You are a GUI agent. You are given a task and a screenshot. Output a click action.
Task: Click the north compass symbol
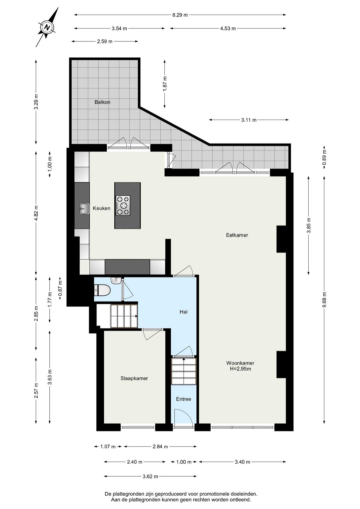coord(48,27)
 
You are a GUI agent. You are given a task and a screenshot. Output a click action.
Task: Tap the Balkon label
coord(102,102)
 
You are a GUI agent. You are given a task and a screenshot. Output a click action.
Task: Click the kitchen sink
coord(84,208)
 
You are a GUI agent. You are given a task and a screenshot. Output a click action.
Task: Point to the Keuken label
coord(101,208)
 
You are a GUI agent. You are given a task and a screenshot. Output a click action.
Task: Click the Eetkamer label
coord(237,235)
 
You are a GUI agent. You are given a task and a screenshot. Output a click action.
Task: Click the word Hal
coord(183,312)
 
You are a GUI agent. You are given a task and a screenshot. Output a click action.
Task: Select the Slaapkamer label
coord(134,378)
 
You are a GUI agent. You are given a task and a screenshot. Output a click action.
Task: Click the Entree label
coord(183,399)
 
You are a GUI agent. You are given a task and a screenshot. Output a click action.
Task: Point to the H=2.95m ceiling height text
coord(240,369)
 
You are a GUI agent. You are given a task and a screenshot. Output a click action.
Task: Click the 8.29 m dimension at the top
coord(180,15)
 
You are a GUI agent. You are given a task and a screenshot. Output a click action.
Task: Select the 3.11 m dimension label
coord(249,120)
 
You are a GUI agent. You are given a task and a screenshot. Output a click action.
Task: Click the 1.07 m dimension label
coord(108,447)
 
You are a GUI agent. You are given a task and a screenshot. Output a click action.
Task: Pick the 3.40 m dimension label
coord(242,462)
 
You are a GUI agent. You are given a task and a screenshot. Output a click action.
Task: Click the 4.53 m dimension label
coord(228,28)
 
